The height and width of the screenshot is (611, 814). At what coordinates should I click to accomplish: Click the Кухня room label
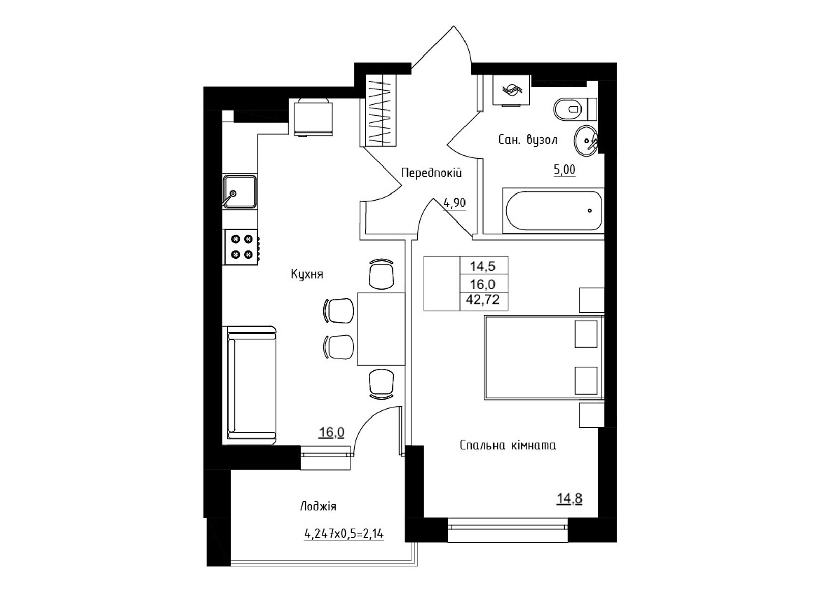coord(307,274)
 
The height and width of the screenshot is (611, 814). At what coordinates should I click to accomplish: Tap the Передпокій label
coord(431,173)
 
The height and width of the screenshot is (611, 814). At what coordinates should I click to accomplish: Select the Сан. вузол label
coord(528,140)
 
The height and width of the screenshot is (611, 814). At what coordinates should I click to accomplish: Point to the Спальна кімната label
coord(508,445)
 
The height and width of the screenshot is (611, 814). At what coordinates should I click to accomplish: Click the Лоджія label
coord(318,507)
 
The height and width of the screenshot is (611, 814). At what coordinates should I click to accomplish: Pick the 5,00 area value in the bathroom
coord(564,170)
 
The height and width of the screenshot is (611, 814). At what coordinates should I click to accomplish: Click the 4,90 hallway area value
coord(455,203)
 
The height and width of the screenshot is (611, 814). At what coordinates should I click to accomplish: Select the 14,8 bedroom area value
coord(569,499)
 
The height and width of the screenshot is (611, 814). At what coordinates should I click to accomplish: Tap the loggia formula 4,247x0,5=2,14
coord(344,534)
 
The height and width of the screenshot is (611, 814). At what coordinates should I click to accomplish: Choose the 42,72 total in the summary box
coord(482,299)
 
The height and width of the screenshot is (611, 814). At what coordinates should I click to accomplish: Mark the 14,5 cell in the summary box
coord(483,266)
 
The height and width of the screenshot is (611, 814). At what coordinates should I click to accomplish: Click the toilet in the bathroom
coord(574,109)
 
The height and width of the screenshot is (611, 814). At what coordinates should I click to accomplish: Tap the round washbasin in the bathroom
coord(586,141)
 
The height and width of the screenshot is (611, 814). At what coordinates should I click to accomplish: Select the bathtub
coord(554,211)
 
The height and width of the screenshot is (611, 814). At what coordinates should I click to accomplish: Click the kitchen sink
coord(240,192)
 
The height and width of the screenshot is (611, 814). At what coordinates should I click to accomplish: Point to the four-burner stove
coord(241,247)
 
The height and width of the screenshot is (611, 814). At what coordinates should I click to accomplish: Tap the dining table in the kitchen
coord(381,329)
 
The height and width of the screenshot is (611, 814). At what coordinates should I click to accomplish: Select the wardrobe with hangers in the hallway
coord(381,110)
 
